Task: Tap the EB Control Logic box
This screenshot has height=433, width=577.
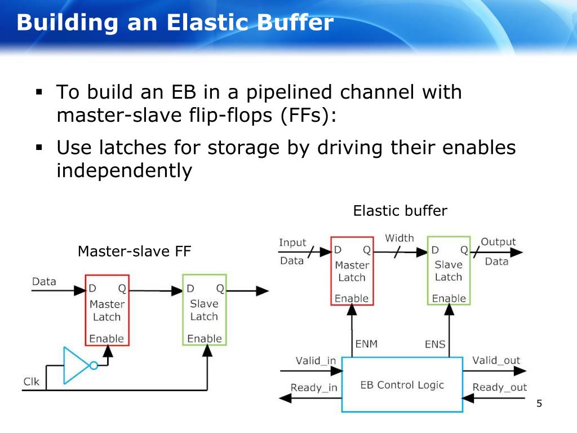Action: coord(402,385)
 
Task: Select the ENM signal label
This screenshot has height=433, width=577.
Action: coord(366,344)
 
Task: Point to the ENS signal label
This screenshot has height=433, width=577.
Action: coord(435,344)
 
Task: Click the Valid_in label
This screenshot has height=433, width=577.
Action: coord(316,360)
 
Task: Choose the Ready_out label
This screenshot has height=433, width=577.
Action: coord(500,387)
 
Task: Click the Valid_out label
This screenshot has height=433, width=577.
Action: coord(496,360)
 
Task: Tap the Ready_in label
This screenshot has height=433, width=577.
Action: coord(314,388)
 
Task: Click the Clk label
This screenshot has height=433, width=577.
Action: coord(32,382)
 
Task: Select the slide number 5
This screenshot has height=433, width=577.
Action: coord(539,404)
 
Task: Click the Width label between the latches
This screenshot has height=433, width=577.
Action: coord(400,238)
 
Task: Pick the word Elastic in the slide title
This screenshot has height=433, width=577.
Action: coord(208,23)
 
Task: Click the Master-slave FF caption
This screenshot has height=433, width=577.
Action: coord(135,251)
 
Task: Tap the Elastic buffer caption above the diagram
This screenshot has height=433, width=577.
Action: coord(401,211)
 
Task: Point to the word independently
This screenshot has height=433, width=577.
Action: coord(125,171)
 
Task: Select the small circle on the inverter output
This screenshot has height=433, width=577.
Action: coord(94,365)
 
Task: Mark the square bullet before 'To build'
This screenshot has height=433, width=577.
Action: coord(39,92)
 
